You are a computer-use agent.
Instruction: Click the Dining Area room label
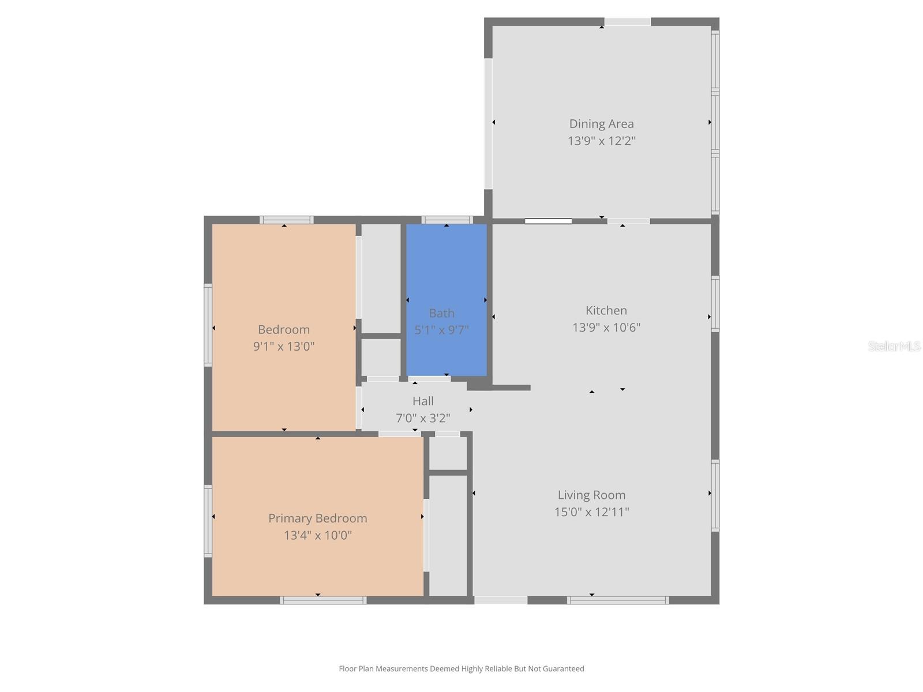pos(601,124)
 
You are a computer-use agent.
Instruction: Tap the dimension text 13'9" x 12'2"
pos(601,141)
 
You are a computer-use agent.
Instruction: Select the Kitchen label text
pos(606,311)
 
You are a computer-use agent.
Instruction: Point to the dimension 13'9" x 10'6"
pos(606,328)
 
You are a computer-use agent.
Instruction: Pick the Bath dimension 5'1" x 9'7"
pos(441,330)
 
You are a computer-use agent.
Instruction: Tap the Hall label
pos(423,401)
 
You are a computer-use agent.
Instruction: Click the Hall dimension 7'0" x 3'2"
pos(423,418)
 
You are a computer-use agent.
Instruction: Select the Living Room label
pos(591,495)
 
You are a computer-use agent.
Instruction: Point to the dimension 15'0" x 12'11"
pos(591,512)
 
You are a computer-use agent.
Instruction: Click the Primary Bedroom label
pos(317,518)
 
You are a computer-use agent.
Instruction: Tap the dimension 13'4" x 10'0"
pos(317,535)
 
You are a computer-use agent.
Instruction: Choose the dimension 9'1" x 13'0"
pos(283,347)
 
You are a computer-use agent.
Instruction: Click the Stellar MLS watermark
pos(894,347)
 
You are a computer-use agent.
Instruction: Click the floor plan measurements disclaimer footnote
pos(461,669)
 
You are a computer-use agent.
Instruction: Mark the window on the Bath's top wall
pos(447,220)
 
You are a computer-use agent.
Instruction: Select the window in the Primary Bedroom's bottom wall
pos(323,600)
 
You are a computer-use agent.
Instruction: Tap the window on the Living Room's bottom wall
pos(618,600)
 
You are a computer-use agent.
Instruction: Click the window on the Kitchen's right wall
pos(715,304)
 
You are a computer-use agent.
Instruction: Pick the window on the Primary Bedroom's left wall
pos(208,521)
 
